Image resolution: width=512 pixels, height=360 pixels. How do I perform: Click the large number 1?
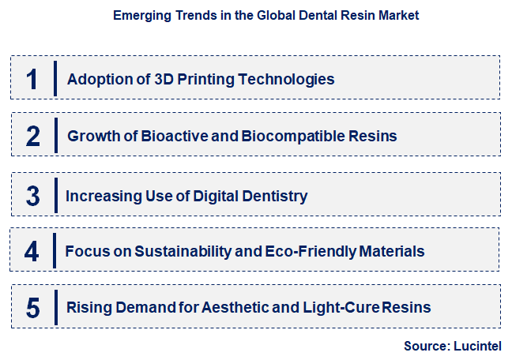tap(32, 79)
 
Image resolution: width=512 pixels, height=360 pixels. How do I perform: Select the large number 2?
tap(32, 137)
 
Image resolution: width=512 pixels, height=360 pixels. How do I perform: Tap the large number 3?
tap(32, 195)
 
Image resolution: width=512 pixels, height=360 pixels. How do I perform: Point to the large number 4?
tap(32, 251)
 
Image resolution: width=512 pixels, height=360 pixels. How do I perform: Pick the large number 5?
tap(32, 307)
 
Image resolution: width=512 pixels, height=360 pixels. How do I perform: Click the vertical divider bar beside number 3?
tap(55, 195)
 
